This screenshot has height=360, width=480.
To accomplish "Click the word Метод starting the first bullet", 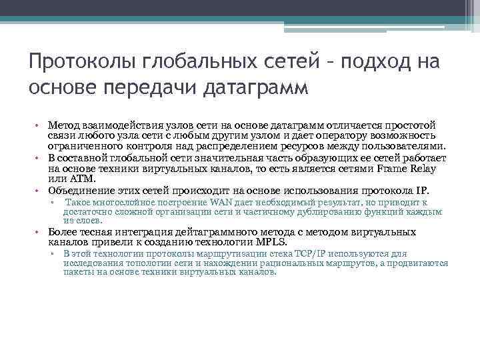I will coord(64,125).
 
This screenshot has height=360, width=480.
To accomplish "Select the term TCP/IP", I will coord(304,254).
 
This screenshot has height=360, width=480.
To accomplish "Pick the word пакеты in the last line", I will coord(78,273).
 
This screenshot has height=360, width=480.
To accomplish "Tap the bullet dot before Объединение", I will coord(39,191).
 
